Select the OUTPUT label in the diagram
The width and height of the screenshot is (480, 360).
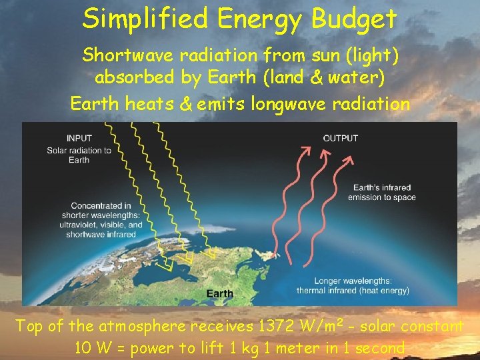tap(341, 138)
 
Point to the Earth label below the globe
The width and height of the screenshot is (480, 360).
tap(220, 293)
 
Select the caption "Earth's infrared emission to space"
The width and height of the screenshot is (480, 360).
tap(381, 192)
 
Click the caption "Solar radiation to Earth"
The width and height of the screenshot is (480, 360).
tap(79, 155)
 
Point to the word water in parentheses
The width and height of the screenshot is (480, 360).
tap(351, 78)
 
